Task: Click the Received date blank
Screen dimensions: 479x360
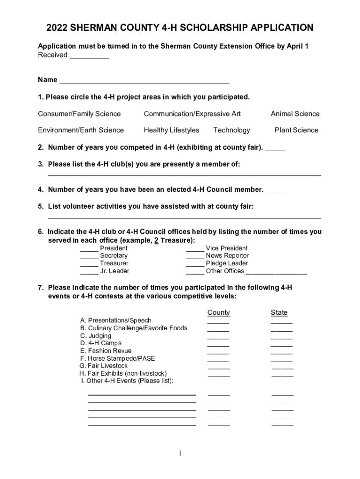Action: click(x=89, y=56)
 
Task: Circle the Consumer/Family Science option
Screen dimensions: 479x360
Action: click(x=79, y=114)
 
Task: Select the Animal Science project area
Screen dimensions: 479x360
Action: click(x=295, y=114)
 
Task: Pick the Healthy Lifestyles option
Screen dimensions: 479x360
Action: click(x=171, y=130)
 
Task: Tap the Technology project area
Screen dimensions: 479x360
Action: click(x=231, y=130)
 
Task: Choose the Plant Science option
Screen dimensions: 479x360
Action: click(x=296, y=130)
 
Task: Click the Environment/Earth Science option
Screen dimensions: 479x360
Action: click(x=81, y=130)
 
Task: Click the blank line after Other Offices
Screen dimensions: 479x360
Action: click(x=276, y=272)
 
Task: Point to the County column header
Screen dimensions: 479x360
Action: click(x=218, y=312)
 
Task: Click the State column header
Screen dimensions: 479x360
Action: click(x=279, y=312)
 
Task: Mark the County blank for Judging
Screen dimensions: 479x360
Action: click(x=218, y=337)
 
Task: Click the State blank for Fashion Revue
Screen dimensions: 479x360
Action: click(x=281, y=352)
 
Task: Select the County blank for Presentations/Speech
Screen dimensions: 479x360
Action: click(x=218, y=322)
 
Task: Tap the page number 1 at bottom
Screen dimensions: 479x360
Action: click(x=180, y=453)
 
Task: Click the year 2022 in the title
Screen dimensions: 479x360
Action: click(x=57, y=28)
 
